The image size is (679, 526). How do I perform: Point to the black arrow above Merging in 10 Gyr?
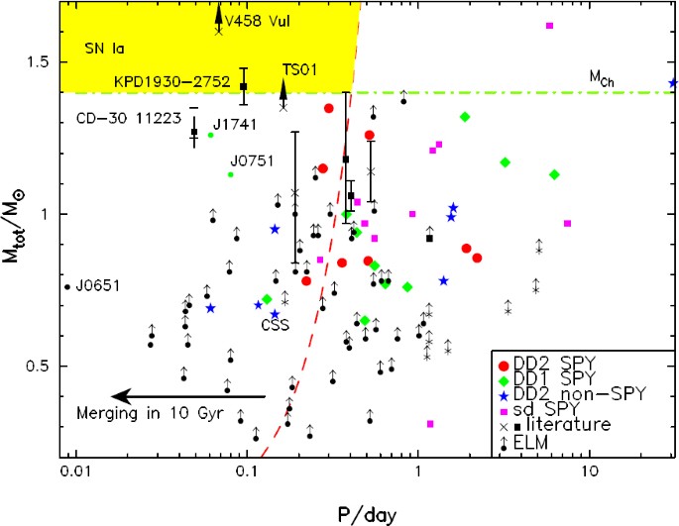tap(188, 395)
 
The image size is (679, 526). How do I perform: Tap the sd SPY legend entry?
tap(577, 410)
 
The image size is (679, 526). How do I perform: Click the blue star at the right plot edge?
tap(673, 83)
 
